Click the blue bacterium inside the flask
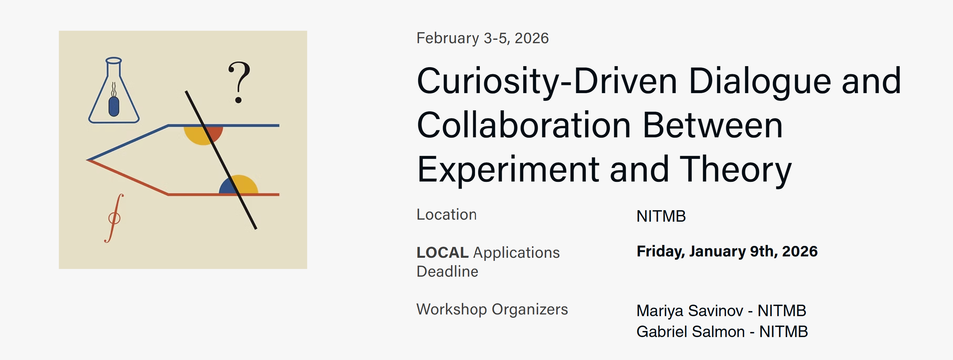(x=114, y=107)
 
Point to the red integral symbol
(x=114, y=218)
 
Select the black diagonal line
(x=221, y=160)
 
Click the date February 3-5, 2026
(x=482, y=38)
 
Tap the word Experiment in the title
(x=508, y=170)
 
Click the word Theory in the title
(x=735, y=170)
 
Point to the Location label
(x=447, y=215)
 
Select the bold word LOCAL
(x=443, y=253)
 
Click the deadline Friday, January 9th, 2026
(x=727, y=251)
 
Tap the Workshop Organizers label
(x=492, y=309)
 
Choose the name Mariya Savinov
(x=690, y=311)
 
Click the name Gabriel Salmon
(x=691, y=332)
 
